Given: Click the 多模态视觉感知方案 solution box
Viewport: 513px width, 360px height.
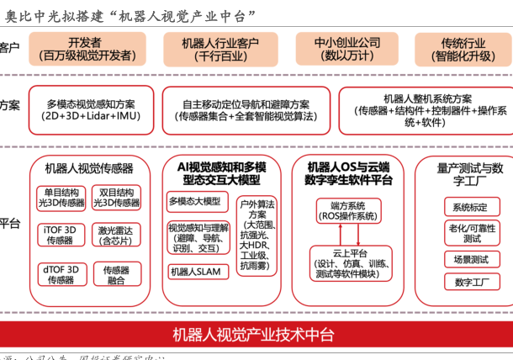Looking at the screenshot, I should [x=90, y=110].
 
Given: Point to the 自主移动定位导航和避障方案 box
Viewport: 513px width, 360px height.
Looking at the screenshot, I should [x=241, y=110].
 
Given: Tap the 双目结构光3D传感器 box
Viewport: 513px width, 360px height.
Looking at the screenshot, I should [x=116, y=198].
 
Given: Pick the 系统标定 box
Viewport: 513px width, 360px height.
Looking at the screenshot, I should [x=470, y=207].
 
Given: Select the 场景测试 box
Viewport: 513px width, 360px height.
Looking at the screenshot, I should [x=470, y=259].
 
